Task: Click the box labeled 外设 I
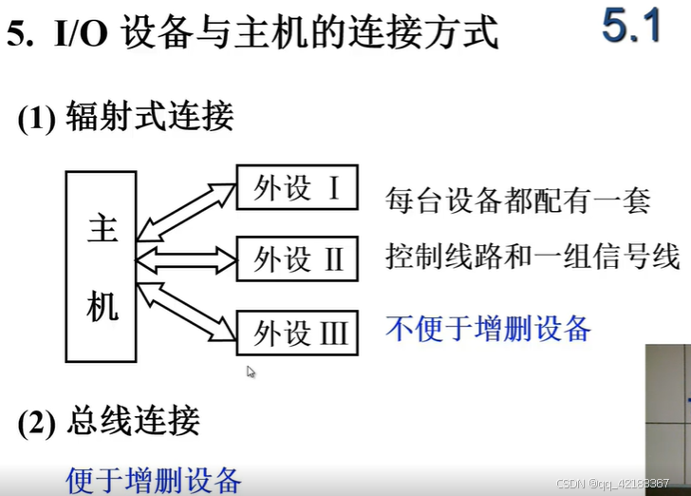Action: click(297, 188)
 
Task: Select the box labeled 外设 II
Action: click(297, 258)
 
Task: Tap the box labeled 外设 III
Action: click(297, 334)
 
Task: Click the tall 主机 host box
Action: click(101, 266)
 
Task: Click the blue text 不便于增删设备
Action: click(488, 329)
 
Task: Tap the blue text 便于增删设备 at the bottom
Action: click(154, 479)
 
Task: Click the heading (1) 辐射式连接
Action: click(125, 118)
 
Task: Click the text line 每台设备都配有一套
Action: click(517, 200)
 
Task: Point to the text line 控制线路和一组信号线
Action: click(532, 257)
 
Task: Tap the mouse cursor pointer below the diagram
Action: click(251, 372)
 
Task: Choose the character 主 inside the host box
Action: click(102, 229)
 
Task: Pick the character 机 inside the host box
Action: click(102, 305)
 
